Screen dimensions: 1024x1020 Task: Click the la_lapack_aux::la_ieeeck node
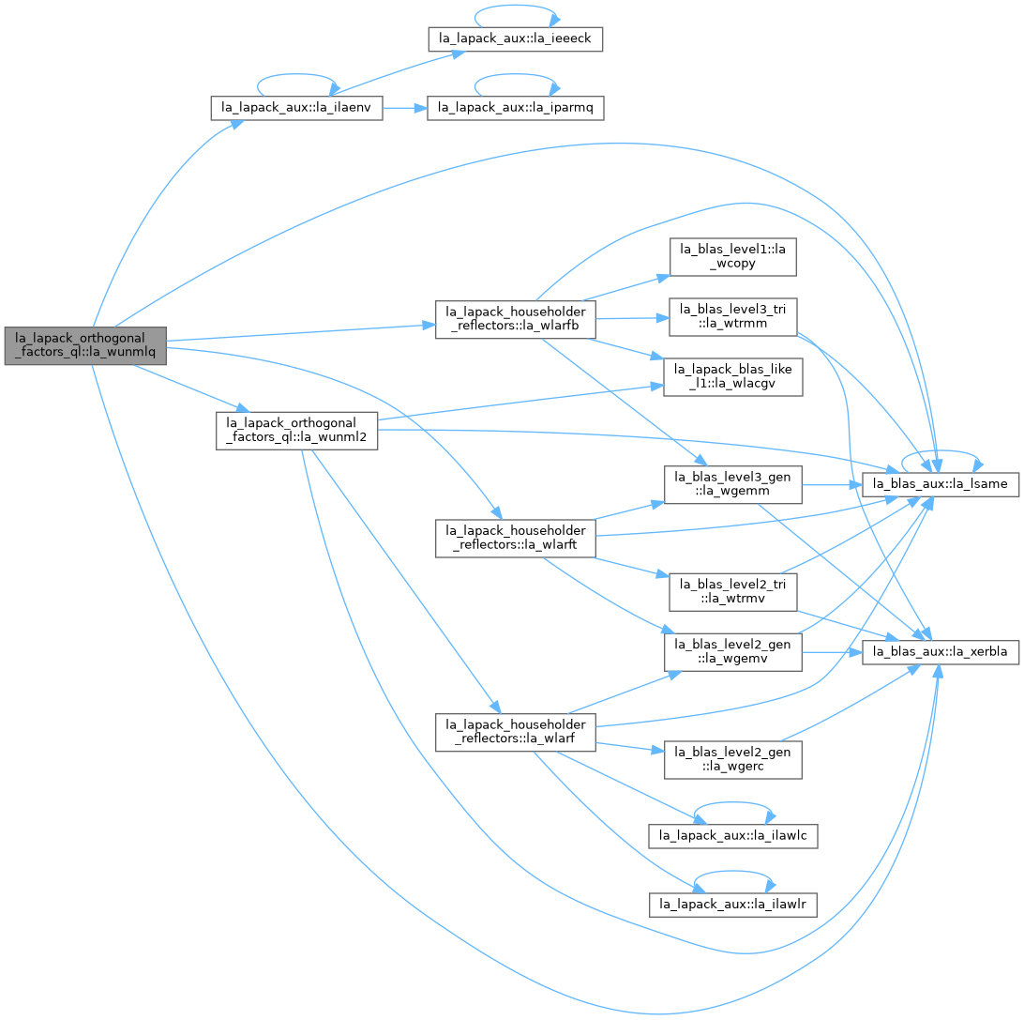click(x=515, y=38)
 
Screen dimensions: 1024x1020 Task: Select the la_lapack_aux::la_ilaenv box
click(x=296, y=107)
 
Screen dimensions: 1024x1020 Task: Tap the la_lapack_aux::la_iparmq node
click(x=515, y=107)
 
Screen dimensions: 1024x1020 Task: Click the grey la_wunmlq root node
click(x=85, y=345)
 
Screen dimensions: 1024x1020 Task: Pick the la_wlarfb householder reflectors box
click(x=515, y=320)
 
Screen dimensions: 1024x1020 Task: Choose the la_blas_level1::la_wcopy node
click(x=732, y=257)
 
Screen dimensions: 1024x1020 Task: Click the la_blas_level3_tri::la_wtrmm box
click(x=732, y=317)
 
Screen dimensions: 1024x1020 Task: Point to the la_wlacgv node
click(x=732, y=377)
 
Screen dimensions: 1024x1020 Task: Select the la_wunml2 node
click(x=296, y=431)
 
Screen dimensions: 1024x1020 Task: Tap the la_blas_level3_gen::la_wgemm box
click(x=732, y=484)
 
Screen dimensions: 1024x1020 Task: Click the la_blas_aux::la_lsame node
click(x=941, y=484)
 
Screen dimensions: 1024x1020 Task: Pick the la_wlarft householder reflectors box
click(x=515, y=539)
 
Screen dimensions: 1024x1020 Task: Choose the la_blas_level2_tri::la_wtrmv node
click(x=732, y=592)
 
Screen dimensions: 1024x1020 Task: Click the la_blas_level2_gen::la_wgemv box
click(x=732, y=652)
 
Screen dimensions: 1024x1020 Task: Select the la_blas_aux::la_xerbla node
click(x=941, y=652)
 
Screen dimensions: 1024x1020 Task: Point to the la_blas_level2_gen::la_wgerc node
click(x=732, y=759)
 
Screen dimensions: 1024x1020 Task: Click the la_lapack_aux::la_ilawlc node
click(x=732, y=836)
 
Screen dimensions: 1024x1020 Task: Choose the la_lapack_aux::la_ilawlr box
click(x=732, y=905)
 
